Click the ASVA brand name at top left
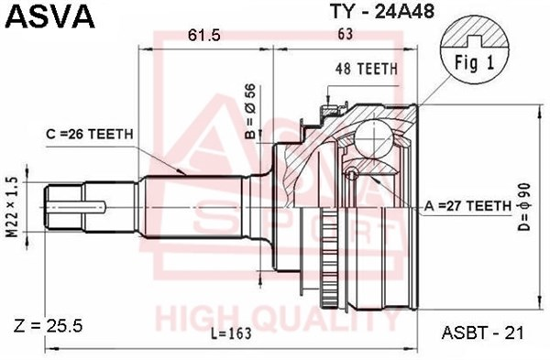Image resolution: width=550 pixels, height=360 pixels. pyautogui.click(x=50, y=16)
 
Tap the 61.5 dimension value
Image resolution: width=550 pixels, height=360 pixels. pyautogui.click(x=203, y=35)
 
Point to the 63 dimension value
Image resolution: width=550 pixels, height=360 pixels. pyautogui.click(x=345, y=34)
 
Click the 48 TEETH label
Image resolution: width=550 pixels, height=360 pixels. pyautogui.click(x=367, y=69)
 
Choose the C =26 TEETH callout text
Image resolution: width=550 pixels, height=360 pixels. pyautogui.click(x=90, y=134)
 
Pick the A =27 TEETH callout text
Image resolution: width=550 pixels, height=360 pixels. pyautogui.click(x=467, y=206)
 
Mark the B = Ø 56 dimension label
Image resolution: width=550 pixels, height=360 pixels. pyautogui.click(x=251, y=112)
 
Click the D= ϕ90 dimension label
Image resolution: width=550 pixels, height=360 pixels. pyautogui.click(x=524, y=207)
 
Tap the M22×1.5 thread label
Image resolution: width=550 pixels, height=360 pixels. pyautogui.click(x=12, y=207)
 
